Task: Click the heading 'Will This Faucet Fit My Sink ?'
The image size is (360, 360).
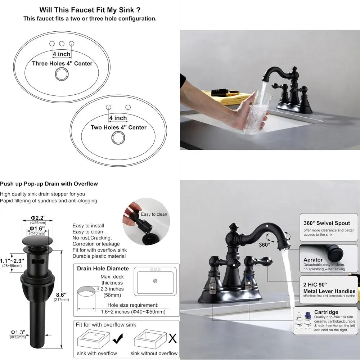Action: tap(90, 10)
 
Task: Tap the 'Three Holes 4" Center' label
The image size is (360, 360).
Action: tap(62, 64)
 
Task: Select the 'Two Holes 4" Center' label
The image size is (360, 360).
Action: tap(118, 127)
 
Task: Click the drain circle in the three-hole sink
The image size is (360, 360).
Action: tap(62, 74)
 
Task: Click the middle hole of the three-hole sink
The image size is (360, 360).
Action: tap(62, 44)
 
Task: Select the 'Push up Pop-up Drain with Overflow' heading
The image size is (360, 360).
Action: tap(49, 184)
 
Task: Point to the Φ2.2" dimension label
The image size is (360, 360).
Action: tap(37, 218)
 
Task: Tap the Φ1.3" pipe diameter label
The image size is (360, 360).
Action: tap(17, 332)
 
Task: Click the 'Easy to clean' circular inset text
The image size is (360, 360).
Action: tap(154, 214)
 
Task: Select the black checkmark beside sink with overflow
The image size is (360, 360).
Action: tap(118, 338)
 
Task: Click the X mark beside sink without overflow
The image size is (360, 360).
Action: tap(173, 338)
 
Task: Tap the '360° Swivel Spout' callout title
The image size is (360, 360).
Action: tap(327, 223)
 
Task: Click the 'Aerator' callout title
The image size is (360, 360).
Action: tap(313, 260)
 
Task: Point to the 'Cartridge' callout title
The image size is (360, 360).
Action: tap(326, 312)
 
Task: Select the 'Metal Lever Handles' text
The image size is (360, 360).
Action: tap(329, 291)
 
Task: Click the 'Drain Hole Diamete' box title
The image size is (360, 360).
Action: tap(103, 268)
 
